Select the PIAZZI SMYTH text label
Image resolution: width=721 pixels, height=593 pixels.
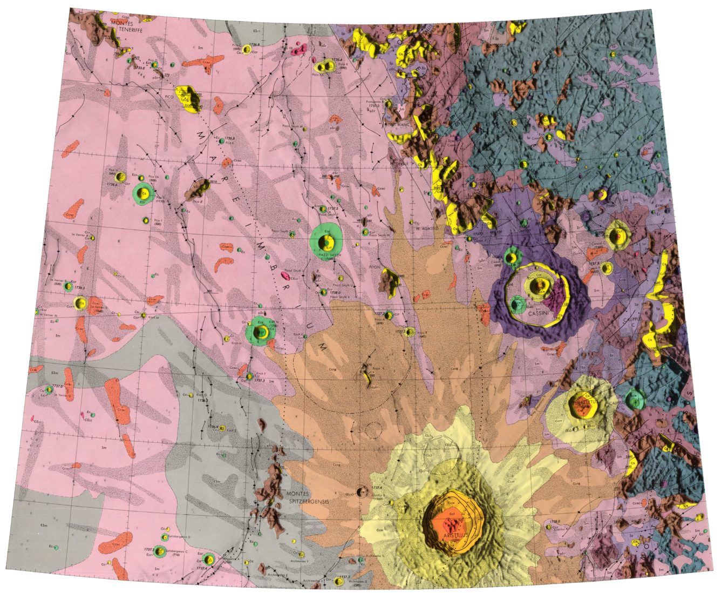tap(325, 254)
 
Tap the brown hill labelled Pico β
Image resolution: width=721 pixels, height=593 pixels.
tap(198, 188)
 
